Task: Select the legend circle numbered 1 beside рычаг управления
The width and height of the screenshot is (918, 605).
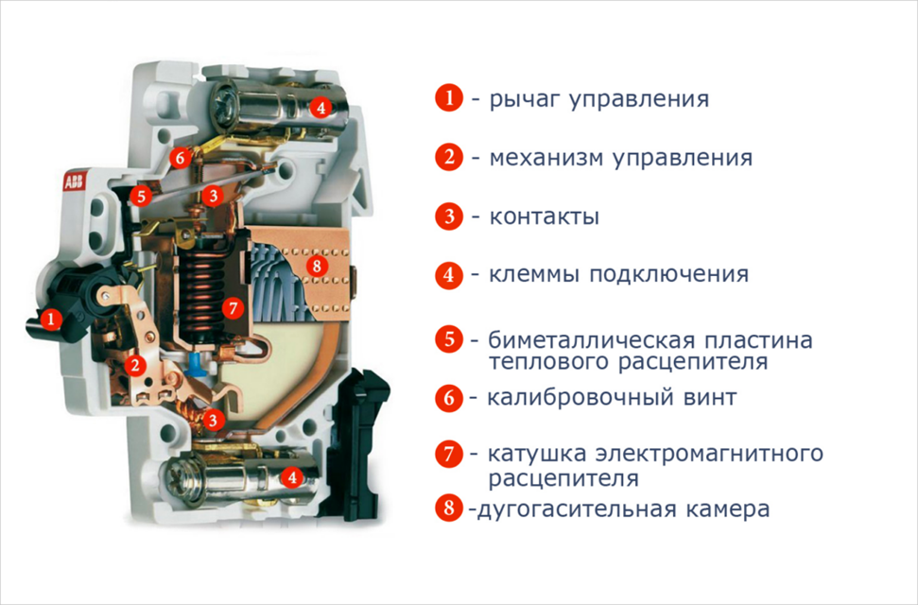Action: point(449,98)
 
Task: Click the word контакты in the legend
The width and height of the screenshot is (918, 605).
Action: point(544,216)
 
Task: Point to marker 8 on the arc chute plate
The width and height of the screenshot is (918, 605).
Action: point(318,267)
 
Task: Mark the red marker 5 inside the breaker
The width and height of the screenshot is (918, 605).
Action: point(141,197)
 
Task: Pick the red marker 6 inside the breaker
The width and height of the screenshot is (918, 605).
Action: point(180,158)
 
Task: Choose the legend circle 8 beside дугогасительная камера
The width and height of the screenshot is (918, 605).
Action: point(449,508)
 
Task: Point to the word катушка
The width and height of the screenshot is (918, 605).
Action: point(535,454)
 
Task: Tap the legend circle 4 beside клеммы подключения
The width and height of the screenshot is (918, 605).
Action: point(449,275)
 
